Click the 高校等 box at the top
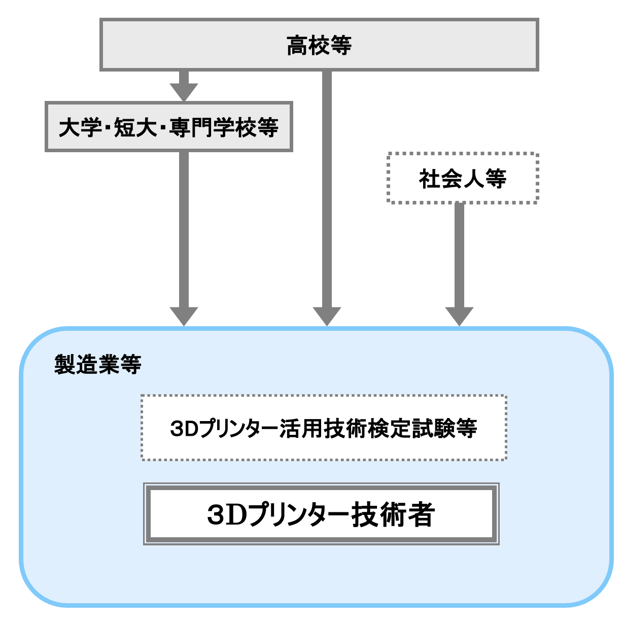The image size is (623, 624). [x=319, y=45]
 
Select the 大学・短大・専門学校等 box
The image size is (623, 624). [x=168, y=127]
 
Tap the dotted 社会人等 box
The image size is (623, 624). [x=462, y=179]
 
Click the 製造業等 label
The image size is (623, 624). [x=97, y=364]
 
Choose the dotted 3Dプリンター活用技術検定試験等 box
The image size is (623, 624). [x=324, y=428]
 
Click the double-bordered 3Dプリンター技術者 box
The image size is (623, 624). [x=321, y=514]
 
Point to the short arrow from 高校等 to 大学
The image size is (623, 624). [x=184, y=85]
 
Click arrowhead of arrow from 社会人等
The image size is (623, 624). [x=459, y=316]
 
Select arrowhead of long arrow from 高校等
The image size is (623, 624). [x=327, y=316]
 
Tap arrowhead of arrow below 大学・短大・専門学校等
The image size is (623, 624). [x=184, y=316]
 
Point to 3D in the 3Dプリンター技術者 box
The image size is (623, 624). [x=226, y=514]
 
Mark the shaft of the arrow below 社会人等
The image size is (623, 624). [x=459, y=254]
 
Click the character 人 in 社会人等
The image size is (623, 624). [x=473, y=179]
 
